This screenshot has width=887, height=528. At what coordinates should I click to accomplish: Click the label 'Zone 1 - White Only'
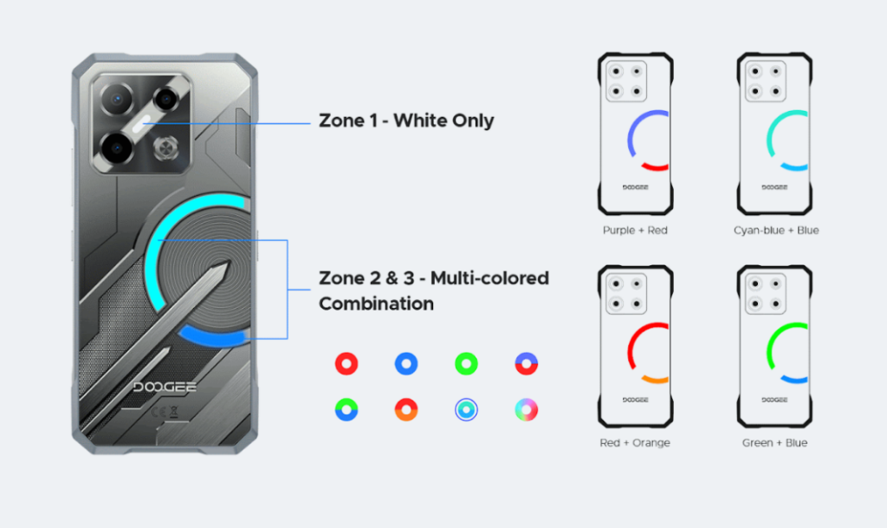click(406, 121)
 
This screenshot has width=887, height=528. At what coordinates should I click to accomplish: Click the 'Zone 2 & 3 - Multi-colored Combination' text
click(433, 290)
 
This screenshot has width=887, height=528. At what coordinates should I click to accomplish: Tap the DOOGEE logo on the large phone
click(165, 386)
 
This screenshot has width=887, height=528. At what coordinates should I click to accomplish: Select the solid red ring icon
click(346, 364)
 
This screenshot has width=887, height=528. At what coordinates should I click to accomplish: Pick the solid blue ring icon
click(406, 364)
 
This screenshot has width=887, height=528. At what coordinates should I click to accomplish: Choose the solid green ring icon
click(466, 364)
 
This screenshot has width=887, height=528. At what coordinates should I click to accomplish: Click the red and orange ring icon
click(406, 409)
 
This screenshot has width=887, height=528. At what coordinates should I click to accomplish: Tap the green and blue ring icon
click(346, 409)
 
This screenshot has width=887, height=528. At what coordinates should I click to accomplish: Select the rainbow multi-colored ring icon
click(526, 409)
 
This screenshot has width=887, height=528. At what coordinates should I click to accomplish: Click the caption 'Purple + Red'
click(635, 231)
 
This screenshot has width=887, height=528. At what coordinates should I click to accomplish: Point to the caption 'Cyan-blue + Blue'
click(775, 231)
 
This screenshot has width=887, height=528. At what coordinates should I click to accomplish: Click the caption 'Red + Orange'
click(635, 443)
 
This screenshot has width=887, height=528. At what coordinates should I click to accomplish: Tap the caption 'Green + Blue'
click(774, 443)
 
